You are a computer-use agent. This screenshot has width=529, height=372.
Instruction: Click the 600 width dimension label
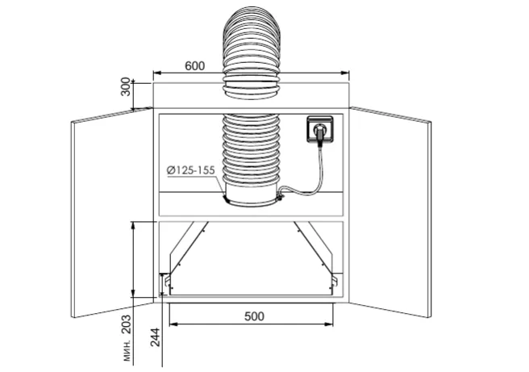coord(194,66)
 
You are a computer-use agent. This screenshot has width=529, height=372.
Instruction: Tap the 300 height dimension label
coord(126,87)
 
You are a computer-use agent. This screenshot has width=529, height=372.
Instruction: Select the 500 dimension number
coord(254,316)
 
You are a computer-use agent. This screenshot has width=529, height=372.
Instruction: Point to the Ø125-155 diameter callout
coord(190,170)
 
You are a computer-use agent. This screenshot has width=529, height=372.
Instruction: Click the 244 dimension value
coord(155,336)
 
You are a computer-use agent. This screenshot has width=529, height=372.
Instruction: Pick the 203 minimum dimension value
coord(126,324)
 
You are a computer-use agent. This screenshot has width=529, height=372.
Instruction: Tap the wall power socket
coord(320,128)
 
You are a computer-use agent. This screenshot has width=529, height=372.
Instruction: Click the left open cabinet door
coord(112,213)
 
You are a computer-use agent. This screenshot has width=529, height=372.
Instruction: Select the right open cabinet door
coord(390,212)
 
